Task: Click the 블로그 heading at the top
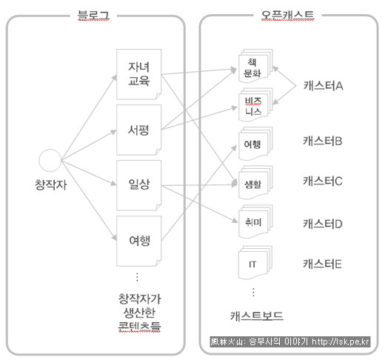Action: pos(93,16)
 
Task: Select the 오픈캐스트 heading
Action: pos(287,16)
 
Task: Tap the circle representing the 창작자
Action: pos(50,160)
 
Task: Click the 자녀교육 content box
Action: pos(139,74)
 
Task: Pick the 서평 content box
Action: pos(139,130)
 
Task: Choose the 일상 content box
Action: pos(139,185)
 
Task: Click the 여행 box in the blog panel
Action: pos(139,241)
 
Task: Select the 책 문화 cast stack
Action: pos(255,66)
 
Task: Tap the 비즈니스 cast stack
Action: pos(255,104)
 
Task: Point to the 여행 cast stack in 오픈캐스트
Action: pos(255,144)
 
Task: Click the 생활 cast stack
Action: pos(255,183)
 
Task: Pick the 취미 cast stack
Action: pos(255,221)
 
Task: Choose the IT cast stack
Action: pos(255,262)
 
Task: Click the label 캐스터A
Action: pos(323,86)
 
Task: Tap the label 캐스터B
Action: pos(323,141)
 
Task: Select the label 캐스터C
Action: pos(323,181)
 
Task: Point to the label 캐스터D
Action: pos(323,224)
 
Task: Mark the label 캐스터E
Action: pos(322,264)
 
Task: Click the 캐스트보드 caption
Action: pos(257,316)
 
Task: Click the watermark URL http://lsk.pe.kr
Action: pos(341,341)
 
